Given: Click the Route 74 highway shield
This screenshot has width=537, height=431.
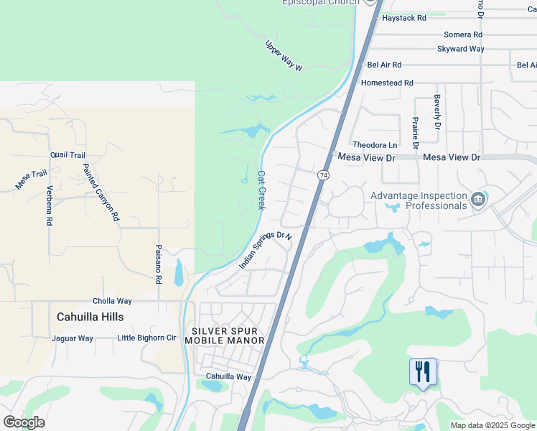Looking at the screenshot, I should (324, 175).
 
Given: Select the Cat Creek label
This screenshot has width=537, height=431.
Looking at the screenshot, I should (261, 190).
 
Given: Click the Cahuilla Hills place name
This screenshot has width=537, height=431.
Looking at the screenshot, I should (90, 317).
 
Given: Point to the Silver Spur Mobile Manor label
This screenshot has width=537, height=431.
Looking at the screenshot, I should (225, 335).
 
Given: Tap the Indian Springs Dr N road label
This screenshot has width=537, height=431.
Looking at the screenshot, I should (266, 251).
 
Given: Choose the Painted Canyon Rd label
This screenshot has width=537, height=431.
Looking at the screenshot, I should (100, 193).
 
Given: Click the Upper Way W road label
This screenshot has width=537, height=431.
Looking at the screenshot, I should (284, 55).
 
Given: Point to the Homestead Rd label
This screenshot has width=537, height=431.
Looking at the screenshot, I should (387, 83).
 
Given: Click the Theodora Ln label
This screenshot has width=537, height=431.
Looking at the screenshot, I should (375, 144).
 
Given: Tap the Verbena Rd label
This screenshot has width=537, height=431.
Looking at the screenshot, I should (50, 207).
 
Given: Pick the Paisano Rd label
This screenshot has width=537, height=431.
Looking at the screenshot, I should (159, 264).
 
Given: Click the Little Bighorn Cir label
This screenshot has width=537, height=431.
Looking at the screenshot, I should (146, 338).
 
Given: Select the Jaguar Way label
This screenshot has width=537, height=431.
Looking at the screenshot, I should (73, 338).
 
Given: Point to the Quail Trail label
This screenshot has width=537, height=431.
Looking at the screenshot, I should (68, 155).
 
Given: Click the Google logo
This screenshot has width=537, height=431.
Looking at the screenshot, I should (24, 422).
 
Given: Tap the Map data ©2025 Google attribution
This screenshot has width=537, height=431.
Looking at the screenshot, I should (492, 425).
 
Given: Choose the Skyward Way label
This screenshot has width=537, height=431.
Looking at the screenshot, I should (460, 50).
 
